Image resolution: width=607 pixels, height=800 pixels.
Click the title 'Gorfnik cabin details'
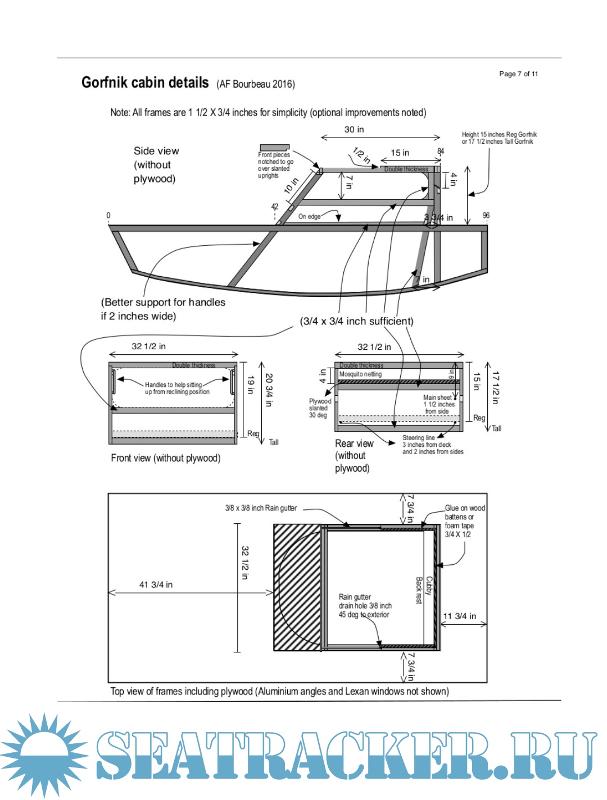[x=145, y=83]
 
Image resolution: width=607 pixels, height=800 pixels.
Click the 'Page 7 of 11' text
[x=518, y=74]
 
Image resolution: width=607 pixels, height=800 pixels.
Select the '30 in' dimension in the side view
[x=354, y=130]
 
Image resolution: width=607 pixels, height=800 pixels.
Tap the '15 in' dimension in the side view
[x=400, y=153]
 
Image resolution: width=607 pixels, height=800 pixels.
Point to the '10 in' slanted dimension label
[x=291, y=186]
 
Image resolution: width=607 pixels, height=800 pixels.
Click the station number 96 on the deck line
[x=486, y=216]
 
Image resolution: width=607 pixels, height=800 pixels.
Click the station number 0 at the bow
[x=108, y=216]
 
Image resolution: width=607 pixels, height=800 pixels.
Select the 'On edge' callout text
[x=309, y=216]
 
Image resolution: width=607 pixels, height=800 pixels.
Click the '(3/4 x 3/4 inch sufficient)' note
[x=356, y=321]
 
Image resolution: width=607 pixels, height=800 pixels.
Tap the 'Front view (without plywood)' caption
[x=165, y=458]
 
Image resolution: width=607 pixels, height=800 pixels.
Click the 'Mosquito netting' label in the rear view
[x=360, y=374]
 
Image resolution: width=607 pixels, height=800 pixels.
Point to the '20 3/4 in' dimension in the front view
[x=269, y=390]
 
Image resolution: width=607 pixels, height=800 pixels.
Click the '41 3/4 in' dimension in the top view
[x=156, y=584]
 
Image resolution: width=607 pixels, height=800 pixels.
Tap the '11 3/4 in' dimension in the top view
[x=460, y=616]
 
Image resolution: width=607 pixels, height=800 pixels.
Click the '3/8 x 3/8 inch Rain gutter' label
[x=261, y=508]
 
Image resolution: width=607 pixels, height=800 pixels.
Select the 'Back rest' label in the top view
[x=419, y=590]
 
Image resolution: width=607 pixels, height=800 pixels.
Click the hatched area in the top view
[x=297, y=587]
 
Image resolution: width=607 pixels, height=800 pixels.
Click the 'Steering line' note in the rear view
[x=419, y=438]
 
